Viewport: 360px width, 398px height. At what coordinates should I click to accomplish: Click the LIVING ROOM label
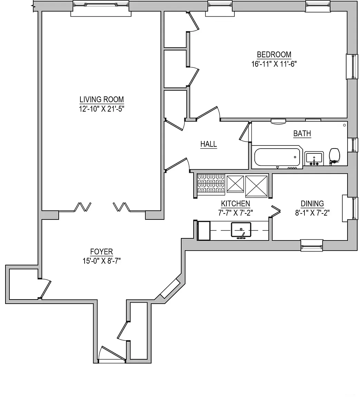pyautogui.click(x=101, y=99)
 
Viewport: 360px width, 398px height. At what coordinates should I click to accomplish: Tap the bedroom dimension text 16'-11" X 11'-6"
pyautogui.click(x=274, y=64)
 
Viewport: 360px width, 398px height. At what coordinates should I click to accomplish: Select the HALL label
pyautogui.click(x=208, y=144)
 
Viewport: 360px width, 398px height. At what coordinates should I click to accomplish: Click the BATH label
pyautogui.click(x=302, y=133)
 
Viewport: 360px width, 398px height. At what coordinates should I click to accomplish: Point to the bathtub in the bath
pyautogui.click(x=278, y=157)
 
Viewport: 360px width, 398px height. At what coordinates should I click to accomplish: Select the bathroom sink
pyautogui.click(x=314, y=158)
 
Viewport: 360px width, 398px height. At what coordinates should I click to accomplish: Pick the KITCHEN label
pyautogui.click(x=235, y=204)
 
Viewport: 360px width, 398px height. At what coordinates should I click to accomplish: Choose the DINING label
pyautogui.click(x=312, y=203)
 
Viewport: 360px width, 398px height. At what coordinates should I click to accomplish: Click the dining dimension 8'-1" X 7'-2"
pyautogui.click(x=312, y=213)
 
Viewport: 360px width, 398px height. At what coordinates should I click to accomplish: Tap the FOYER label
pyautogui.click(x=101, y=252)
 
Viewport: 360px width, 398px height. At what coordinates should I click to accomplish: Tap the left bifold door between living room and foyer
pyautogui.click(x=83, y=207)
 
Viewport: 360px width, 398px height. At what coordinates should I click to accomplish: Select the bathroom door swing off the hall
pyautogui.click(x=245, y=132)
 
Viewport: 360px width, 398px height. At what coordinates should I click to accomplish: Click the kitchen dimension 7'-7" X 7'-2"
pyautogui.click(x=235, y=213)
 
